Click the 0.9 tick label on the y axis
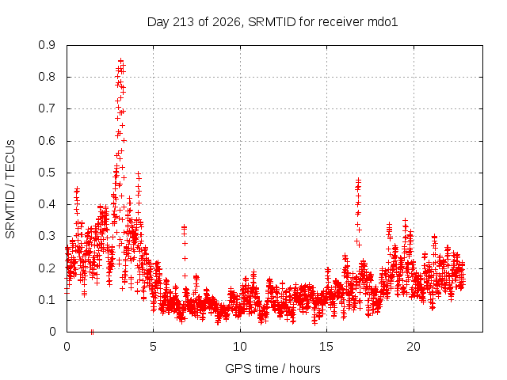tap(47, 45)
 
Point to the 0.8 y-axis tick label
tap(47, 78)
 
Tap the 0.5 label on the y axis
tap(47, 173)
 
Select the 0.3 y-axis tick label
tap(47, 236)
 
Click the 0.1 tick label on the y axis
tap(47, 300)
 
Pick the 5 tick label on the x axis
tap(153, 347)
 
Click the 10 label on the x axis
tap(240, 347)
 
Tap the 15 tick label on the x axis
tap(326, 347)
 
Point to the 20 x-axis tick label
tap(414, 347)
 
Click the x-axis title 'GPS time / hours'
tap(273, 369)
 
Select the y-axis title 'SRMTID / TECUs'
tap(10, 189)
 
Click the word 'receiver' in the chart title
tap(341, 22)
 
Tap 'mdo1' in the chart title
tap(383, 22)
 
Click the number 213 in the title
tap(183, 22)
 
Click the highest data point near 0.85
tap(121, 60)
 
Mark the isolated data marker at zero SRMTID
tap(92, 332)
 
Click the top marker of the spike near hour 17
tap(358, 180)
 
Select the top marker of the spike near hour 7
tap(185, 227)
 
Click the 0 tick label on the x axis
tap(67, 347)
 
